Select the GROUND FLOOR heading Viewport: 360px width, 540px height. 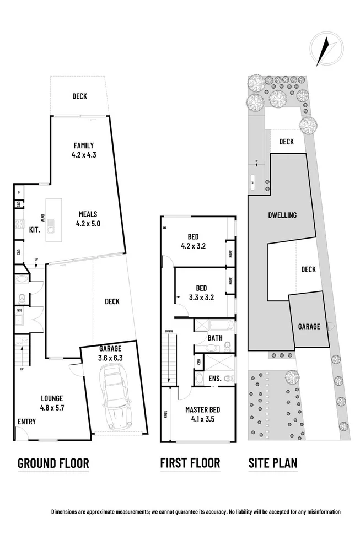pyautogui.click(x=53, y=463)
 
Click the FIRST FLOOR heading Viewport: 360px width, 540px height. pyautogui.click(x=190, y=463)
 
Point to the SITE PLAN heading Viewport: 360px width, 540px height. pyautogui.click(x=272, y=463)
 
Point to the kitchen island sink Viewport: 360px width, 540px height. pyautogui.click(x=51, y=224)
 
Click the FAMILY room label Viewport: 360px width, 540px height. pyautogui.click(x=84, y=146)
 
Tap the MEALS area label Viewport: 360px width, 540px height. pyautogui.click(x=88, y=214)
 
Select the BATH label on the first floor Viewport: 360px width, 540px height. pyautogui.click(x=215, y=338)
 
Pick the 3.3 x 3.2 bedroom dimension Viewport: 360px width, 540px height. pyautogui.click(x=201, y=298)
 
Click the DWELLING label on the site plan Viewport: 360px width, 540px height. pyautogui.click(x=282, y=215)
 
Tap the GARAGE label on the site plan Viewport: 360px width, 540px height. pyautogui.click(x=309, y=327)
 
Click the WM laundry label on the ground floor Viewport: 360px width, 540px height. pyautogui.click(x=19, y=311)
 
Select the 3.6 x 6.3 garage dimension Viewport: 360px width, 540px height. pyautogui.click(x=110, y=358)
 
